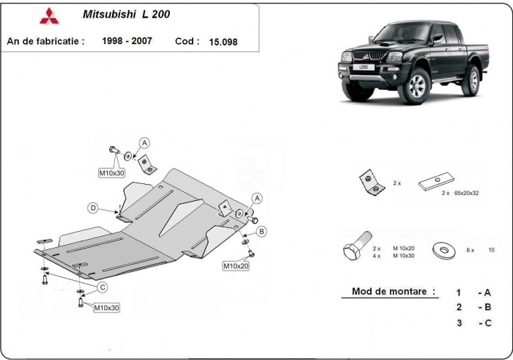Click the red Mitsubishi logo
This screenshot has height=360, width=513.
(x=46, y=15)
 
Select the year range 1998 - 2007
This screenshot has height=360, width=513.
(x=128, y=41)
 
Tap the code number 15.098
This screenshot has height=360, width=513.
(x=223, y=42)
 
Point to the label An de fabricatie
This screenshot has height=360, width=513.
(x=45, y=41)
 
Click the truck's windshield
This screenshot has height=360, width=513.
(x=402, y=33)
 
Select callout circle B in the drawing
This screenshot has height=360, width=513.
(x=262, y=232)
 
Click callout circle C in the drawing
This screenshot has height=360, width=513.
(x=103, y=287)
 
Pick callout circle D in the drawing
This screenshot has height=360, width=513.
(x=94, y=208)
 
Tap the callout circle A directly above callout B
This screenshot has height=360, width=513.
(x=256, y=198)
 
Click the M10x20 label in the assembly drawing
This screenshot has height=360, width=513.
(x=236, y=265)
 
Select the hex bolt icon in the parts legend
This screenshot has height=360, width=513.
(x=352, y=251)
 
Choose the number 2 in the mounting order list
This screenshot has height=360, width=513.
(x=458, y=307)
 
